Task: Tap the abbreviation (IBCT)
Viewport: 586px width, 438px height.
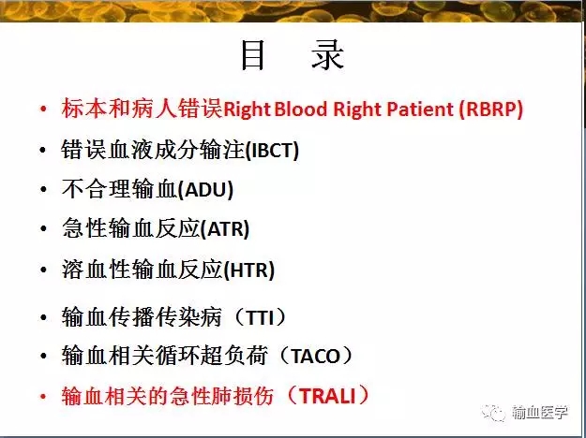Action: point(272,151)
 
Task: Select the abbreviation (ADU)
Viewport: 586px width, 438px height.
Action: point(205,190)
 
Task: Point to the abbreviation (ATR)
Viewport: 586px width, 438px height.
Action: point(225,229)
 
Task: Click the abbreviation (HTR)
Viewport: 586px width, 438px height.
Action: point(248,270)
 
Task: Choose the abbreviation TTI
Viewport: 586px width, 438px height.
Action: point(261,317)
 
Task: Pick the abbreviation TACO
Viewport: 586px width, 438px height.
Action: point(315,357)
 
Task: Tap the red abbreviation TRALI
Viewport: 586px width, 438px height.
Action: point(327,396)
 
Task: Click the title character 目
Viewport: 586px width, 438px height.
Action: point(252,56)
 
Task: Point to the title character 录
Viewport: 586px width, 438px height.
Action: point(328,56)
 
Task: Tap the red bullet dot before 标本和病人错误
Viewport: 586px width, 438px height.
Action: point(43,109)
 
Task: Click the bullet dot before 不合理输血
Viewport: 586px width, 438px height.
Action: point(43,190)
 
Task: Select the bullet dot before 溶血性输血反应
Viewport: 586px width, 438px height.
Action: point(43,270)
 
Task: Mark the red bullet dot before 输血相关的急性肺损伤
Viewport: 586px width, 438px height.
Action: point(43,396)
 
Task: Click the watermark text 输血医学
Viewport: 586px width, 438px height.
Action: point(540,413)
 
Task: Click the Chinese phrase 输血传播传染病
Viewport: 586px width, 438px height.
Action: point(142,317)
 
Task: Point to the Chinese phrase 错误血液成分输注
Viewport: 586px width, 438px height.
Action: point(153,151)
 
